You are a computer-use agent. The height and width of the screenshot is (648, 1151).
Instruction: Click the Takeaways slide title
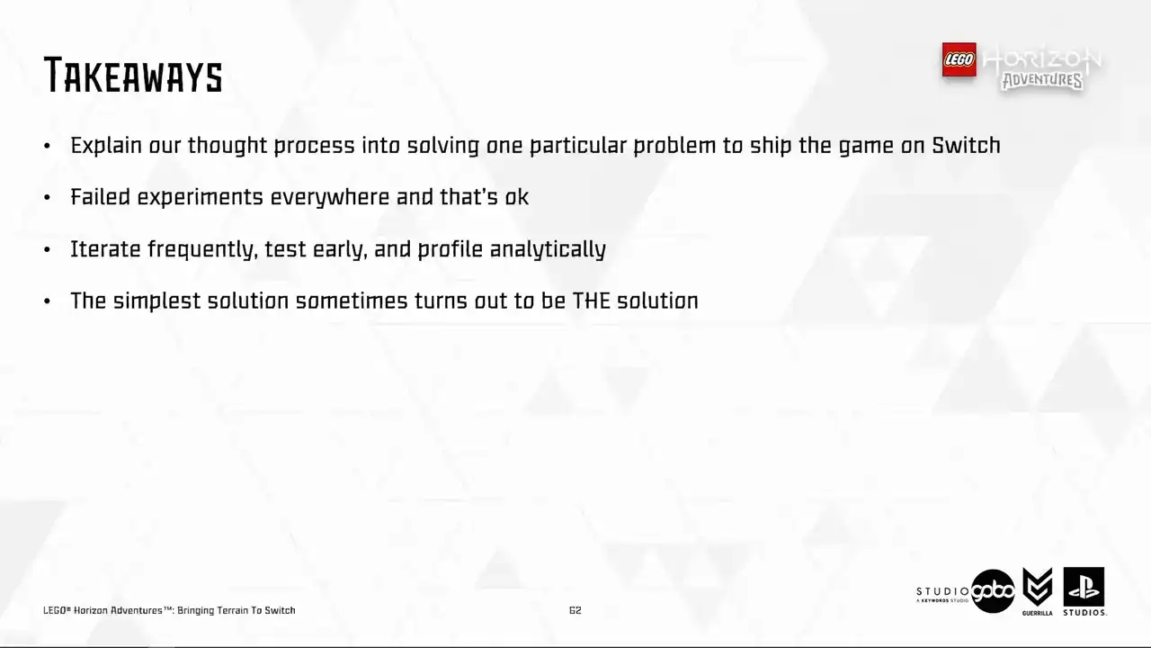pos(133,75)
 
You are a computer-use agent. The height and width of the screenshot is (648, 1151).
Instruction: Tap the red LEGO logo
pos(959,59)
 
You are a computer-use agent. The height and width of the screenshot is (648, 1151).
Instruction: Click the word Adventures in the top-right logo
pos(1042,80)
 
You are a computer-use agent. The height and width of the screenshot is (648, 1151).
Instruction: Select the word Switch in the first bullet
pos(966,146)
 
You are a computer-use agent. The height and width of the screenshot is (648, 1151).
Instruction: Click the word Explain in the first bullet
pos(106,146)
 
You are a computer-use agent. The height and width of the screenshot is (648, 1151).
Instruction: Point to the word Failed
pos(100,197)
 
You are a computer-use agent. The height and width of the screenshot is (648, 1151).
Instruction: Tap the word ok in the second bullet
pos(516,197)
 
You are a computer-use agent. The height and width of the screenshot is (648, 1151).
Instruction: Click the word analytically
pos(548,250)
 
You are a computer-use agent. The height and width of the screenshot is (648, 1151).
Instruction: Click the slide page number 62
pos(575,610)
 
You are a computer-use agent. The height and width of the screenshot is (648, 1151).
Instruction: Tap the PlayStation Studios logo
pos(1084,591)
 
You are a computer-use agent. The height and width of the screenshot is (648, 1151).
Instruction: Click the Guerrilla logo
pos(1038,591)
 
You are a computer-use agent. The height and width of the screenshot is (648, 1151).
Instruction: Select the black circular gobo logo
pos(993,591)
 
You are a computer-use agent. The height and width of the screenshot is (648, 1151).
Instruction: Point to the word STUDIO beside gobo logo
pos(942,591)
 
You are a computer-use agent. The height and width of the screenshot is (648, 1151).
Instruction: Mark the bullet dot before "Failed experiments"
pos(48,197)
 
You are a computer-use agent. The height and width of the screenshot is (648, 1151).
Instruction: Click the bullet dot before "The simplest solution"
pos(48,301)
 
